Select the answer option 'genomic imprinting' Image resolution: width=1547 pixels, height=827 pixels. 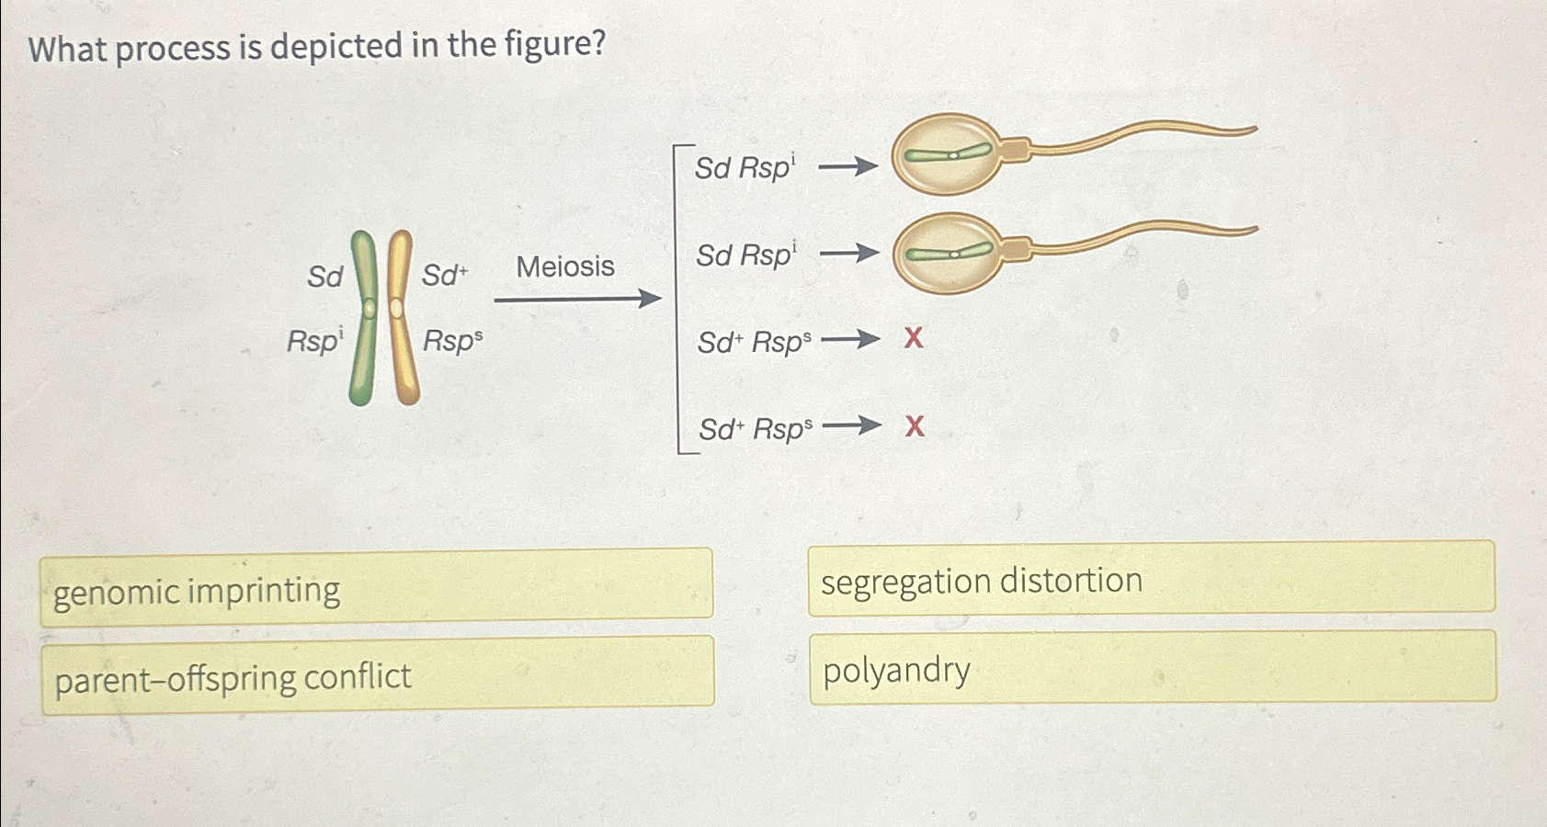click(x=376, y=588)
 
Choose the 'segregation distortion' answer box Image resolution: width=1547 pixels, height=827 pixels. click(x=1151, y=579)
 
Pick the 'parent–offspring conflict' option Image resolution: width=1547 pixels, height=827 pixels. click(x=377, y=676)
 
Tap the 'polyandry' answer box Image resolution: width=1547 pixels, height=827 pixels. click(x=1152, y=668)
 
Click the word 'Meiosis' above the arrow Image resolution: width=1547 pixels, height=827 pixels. click(x=564, y=266)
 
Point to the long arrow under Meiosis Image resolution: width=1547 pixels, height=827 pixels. click(x=577, y=299)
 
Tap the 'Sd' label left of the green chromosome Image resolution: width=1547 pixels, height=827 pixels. click(x=324, y=277)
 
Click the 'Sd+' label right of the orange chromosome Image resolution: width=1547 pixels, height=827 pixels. click(x=445, y=275)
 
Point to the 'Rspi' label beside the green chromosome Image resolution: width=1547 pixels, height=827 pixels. click(x=314, y=341)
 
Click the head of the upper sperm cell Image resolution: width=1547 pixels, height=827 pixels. click(x=947, y=154)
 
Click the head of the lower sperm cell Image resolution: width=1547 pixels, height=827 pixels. click(x=947, y=253)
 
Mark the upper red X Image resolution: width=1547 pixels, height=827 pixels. click(x=913, y=338)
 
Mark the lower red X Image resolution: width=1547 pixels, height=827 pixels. click(x=915, y=426)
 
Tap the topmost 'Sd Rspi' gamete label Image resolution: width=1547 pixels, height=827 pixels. click(x=744, y=167)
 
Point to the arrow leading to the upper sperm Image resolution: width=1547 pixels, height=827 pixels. click(x=847, y=166)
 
